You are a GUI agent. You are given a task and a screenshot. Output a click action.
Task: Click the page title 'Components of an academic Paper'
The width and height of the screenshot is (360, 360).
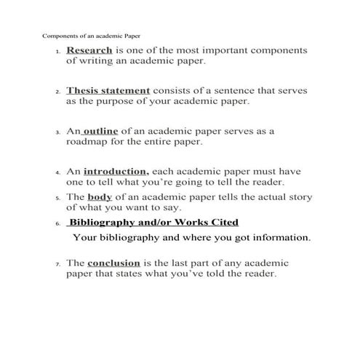click(90, 35)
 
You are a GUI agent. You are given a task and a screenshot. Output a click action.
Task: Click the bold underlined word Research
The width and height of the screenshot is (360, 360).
click(89, 51)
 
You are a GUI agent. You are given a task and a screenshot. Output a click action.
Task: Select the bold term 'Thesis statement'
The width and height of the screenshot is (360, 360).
click(108, 91)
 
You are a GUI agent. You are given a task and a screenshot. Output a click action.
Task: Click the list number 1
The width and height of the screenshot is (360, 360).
click(57, 52)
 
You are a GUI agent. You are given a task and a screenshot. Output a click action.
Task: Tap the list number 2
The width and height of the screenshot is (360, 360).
click(57, 92)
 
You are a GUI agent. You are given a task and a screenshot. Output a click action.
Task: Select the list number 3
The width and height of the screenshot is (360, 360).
click(57, 132)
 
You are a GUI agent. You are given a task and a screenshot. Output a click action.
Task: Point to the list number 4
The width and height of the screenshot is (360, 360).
click(57, 172)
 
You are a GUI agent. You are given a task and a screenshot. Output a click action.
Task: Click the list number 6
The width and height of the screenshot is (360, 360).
click(57, 224)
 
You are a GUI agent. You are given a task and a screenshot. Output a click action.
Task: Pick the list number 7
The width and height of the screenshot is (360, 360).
click(57, 264)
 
